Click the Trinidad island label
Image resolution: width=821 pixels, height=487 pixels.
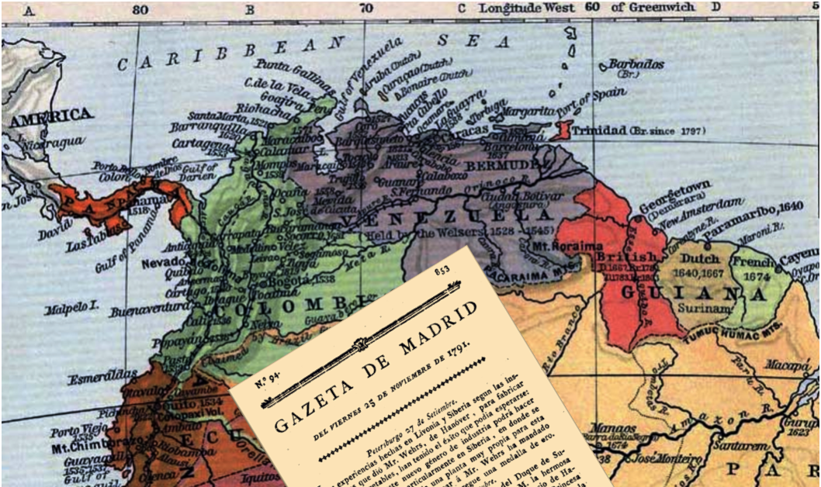[600, 131]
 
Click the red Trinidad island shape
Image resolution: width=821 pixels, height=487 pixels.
[564, 130]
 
